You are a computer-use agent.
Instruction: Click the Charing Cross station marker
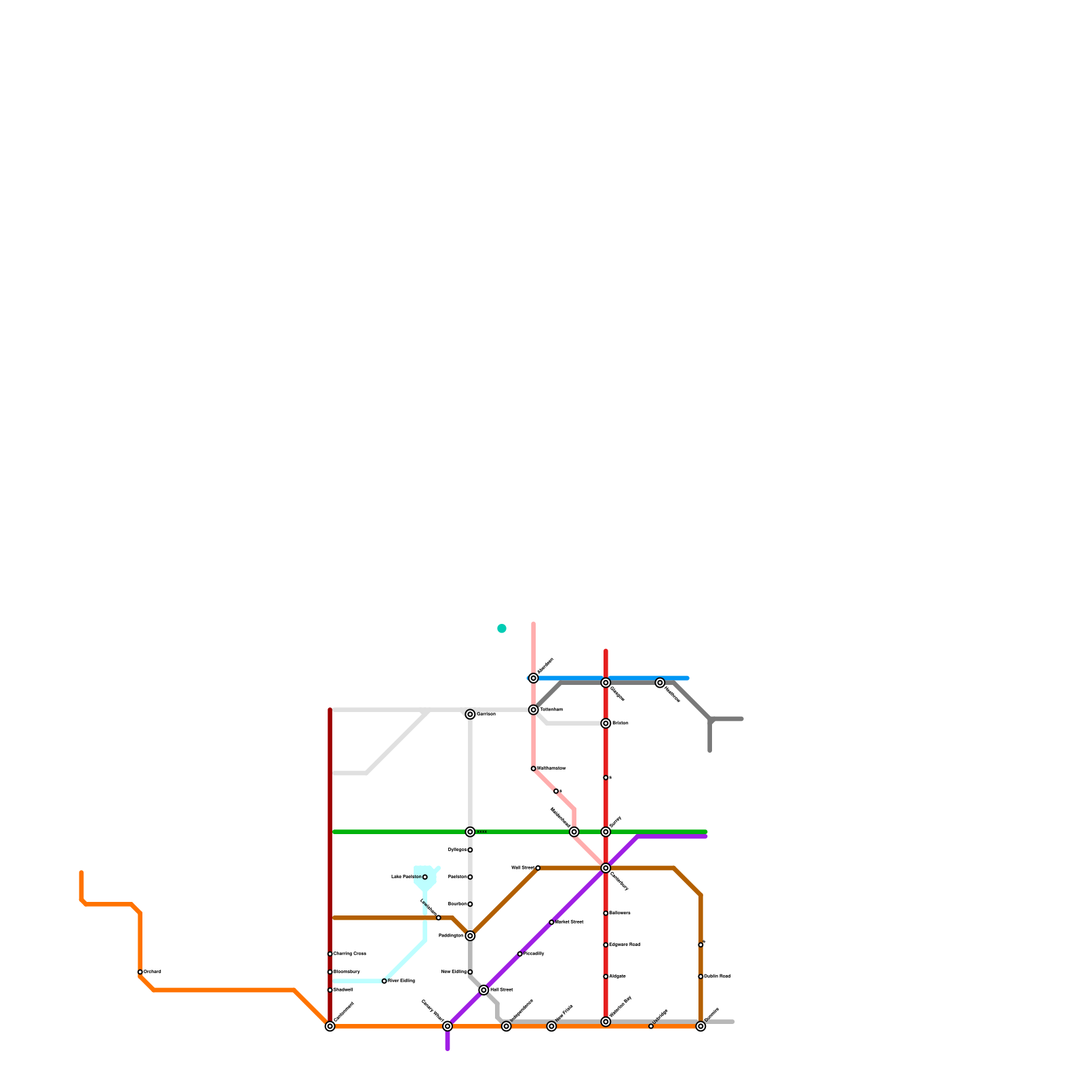330,954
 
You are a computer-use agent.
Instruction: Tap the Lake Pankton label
406,877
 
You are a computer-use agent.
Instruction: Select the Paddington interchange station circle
470,936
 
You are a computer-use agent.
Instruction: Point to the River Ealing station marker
384,981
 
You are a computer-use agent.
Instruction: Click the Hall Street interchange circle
484,990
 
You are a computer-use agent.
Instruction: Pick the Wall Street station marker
538,868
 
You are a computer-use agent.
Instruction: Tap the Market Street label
569,922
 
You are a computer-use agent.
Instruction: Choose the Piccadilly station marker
520,954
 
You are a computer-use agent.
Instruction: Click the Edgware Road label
625,945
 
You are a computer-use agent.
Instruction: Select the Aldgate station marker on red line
606,976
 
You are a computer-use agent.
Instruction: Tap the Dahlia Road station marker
701,976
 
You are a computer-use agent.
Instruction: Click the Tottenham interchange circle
534,710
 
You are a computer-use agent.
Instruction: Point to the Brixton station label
620,724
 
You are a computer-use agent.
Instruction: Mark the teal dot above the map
502,629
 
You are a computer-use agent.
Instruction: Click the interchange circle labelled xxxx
470,832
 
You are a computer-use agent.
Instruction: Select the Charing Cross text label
350,954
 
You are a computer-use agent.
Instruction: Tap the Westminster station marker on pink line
534,768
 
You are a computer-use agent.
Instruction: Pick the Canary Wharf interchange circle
448,1026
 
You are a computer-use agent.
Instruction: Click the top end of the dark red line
330,710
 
